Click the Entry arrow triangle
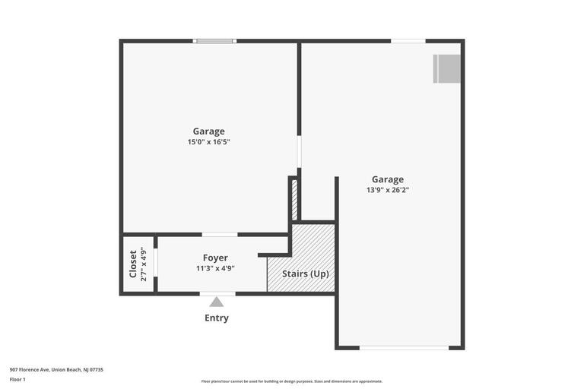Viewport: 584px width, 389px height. (217, 302)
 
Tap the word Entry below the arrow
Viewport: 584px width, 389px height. (217, 318)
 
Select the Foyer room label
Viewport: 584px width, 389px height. (215, 258)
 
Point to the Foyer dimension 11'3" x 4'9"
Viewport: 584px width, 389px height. (215, 268)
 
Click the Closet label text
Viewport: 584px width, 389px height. (133, 264)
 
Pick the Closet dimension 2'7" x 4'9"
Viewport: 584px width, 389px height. (144, 264)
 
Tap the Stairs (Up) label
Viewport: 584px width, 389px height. (306, 274)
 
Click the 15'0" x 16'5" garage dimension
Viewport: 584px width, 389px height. (209, 142)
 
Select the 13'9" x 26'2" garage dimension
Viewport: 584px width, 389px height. (388, 190)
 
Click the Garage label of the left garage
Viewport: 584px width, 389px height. (208, 131)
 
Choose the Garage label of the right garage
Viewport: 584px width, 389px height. (388, 179)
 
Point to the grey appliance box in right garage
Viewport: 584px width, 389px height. (446, 69)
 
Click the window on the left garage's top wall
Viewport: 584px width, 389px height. (214, 41)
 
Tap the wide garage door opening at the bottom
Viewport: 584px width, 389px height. (404, 348)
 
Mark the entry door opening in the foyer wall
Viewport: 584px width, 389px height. (217, 294)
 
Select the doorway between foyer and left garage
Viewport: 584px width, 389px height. (220, 235)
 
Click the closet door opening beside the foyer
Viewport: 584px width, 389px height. (156, 262)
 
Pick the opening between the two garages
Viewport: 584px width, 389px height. (299, 151)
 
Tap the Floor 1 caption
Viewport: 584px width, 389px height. (17, 380)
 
